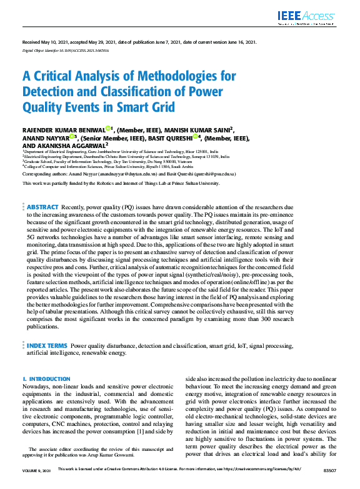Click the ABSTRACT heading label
point(42,207)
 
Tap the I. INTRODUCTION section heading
point(47,379)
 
